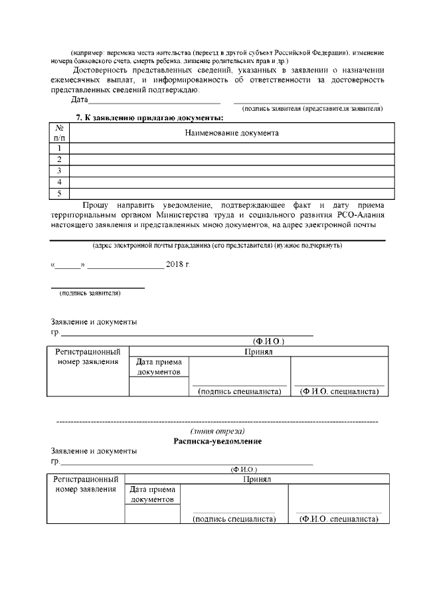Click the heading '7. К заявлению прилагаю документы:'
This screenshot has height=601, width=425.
(x=149, y=118)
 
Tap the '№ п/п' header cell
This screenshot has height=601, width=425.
(x=60, y=133)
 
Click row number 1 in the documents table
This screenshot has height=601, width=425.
(x=60, y=148)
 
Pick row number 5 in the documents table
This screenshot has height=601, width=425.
(x=60, y=193)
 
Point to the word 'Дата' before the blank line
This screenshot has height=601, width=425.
(x=79, y=100)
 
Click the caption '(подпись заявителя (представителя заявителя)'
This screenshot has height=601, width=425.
(x=312, y=108)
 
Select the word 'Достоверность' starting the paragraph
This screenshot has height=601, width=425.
(x=102, y=70)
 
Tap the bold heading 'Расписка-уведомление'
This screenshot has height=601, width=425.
(x=217, y=441)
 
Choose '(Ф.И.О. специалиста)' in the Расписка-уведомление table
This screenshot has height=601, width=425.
(x=338, y=519)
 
